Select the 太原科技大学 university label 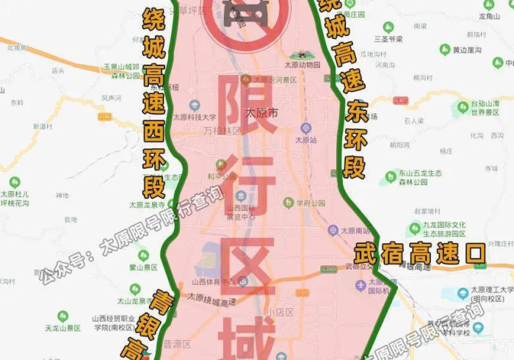(195, 116)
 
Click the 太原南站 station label (356, 230)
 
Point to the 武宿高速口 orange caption (419, 255)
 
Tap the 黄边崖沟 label (466, 50)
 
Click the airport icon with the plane (360, 285)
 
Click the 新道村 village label (45, 126)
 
